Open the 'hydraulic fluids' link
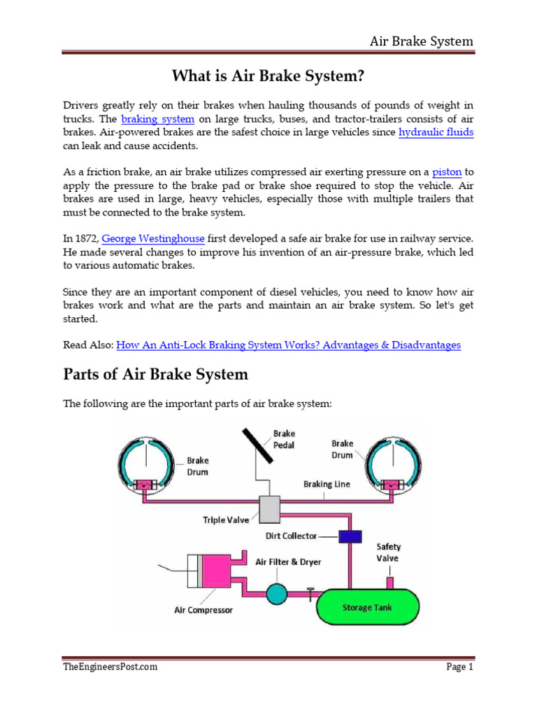pos(436,132)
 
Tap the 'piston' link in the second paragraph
pos(446,172)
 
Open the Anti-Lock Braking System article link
pos(288,345)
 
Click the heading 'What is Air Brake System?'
pos(268,76)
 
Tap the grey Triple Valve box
pos(269,509)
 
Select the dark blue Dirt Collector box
pos(349,536)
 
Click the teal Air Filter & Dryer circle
pos(277,594)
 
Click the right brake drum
pos(394,463)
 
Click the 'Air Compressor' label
pos(203,610)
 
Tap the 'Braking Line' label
pos(327,484)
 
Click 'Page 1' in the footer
pos(459,667)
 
